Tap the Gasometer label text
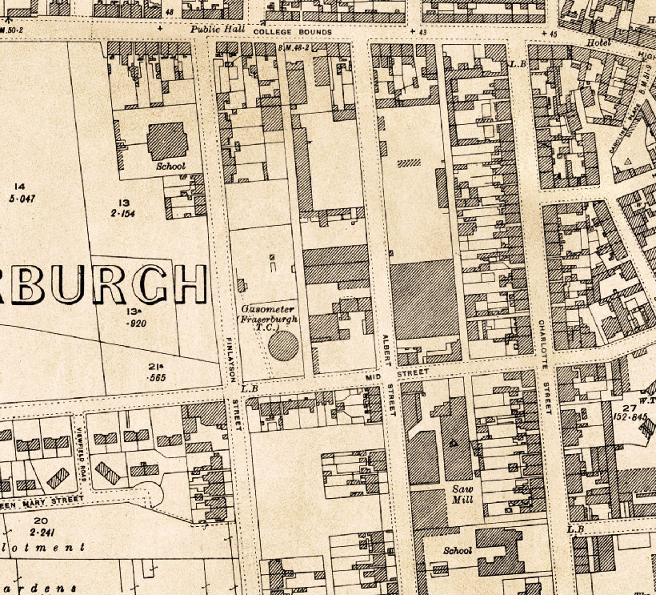[268, 309]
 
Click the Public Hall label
[217, 29]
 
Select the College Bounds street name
[292, 32]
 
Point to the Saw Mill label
[462, 495]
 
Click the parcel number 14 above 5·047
[19, 187]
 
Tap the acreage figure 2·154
[123, 213]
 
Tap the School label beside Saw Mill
[457, 550]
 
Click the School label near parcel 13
[170, 166]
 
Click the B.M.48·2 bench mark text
[294, 48]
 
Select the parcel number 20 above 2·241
[40, 521]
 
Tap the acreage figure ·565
[157, 377]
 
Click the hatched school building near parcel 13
[167, 141]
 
